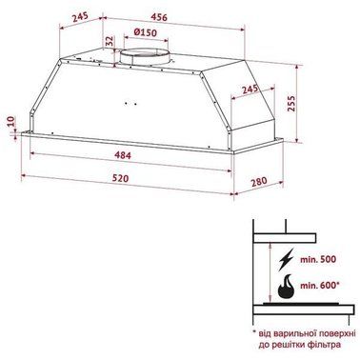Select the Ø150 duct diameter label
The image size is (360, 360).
(x=146, y=32)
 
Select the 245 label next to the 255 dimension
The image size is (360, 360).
(x=250, y=89)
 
